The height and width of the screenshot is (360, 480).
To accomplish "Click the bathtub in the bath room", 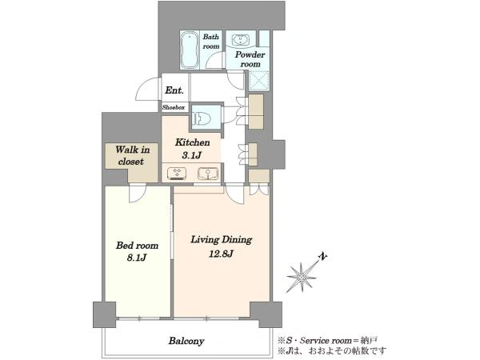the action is [190, 50].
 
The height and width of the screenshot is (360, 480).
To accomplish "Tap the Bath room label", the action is [211, 42].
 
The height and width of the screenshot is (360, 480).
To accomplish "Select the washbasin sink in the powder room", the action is [241, 40].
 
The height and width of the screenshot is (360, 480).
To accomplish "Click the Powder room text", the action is [250, 59].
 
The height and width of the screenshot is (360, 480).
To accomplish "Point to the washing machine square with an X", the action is [259, 81].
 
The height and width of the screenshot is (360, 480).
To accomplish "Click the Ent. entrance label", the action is [174, 90].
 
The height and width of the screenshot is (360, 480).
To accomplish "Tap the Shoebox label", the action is [174, 107].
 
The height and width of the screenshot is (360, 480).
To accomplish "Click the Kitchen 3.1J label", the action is [192, 149].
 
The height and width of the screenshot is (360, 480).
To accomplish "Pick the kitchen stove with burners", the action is [177, 174].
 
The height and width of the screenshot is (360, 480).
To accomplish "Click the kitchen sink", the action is [208, 174].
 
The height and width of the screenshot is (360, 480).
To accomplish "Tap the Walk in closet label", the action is [132, 155].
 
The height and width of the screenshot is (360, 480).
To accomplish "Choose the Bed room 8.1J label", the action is [137, 251].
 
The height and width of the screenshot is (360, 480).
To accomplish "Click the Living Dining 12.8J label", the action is [221, 246].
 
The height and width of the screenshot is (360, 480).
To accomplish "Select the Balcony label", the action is [186, 341].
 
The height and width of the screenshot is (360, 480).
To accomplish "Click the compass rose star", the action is [302, 278].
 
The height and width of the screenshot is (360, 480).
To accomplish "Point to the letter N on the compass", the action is [322, 257].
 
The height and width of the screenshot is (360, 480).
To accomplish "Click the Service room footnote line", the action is [327, 340].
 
